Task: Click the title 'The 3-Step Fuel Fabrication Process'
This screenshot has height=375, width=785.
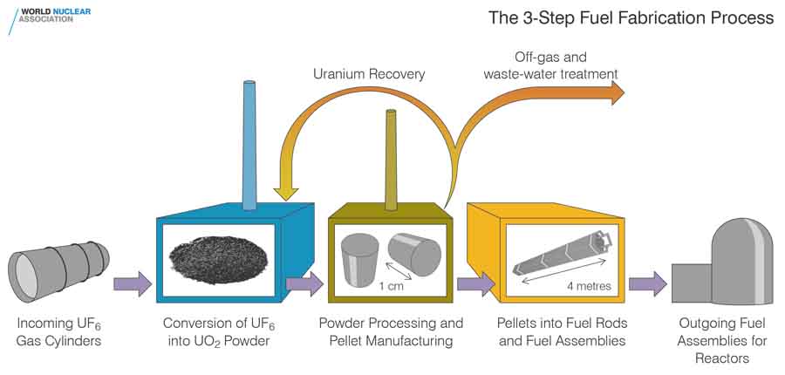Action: click(631, 17)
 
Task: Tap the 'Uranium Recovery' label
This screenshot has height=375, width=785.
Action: click(369, 74)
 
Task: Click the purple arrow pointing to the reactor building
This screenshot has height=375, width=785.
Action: click(647, 284)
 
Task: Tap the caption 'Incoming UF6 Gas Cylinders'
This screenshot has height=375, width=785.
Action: click(59, 332)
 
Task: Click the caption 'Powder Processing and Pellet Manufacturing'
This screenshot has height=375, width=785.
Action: click(391, 332)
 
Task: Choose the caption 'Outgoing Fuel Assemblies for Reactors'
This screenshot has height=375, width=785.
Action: click(723, 341)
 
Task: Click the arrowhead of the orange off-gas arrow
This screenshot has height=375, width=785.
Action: click(617, 91)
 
